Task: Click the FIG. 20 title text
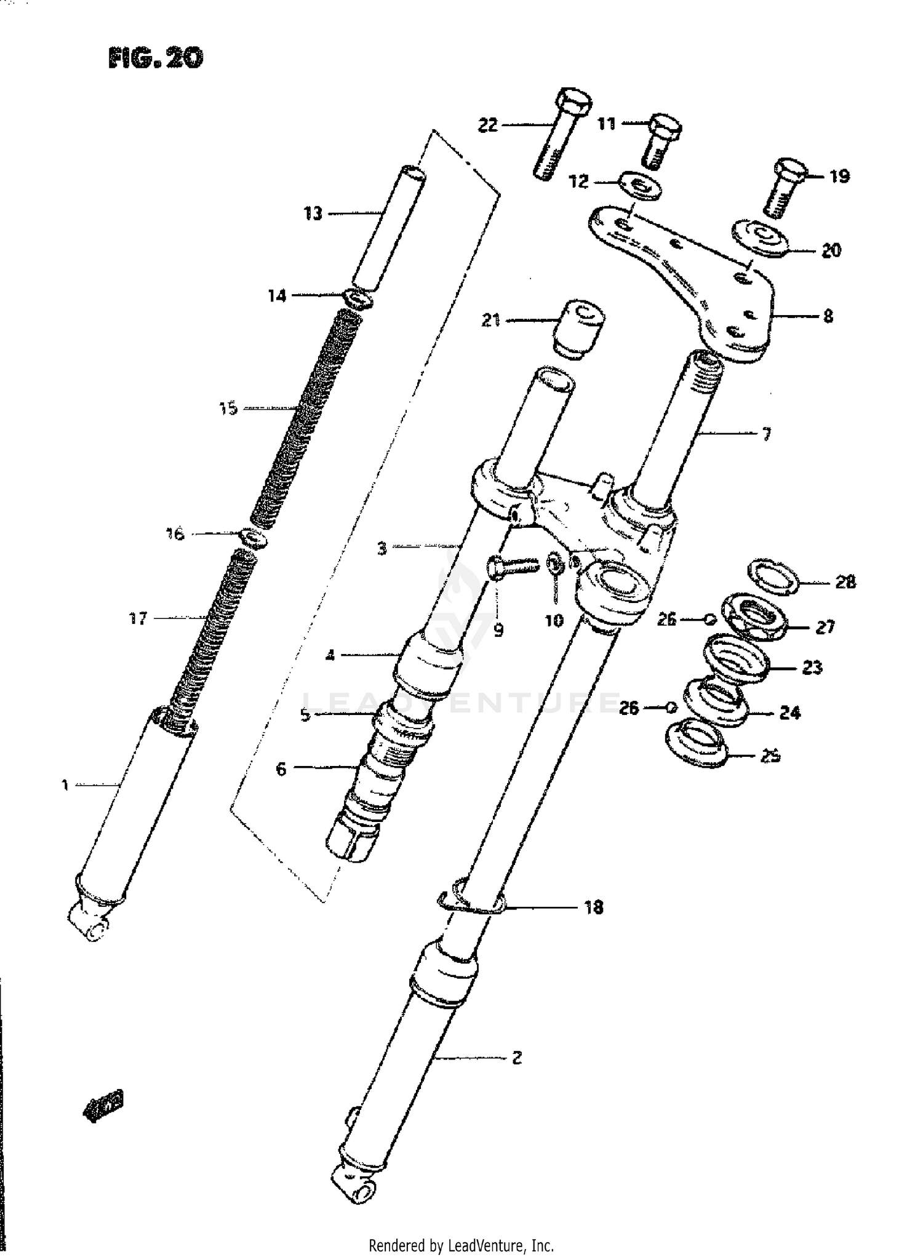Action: point(155,58)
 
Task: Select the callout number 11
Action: point(607,124)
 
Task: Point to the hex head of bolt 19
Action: point(789,169)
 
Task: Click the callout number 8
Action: point(828,316)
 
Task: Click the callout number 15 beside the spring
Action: point(228,408)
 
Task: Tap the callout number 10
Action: point(554,620)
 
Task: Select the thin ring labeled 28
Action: point(774,577)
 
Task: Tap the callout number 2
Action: point(516,1058)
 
